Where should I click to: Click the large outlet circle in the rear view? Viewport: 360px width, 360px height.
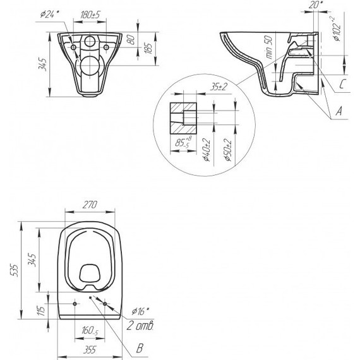click(90, 65)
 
